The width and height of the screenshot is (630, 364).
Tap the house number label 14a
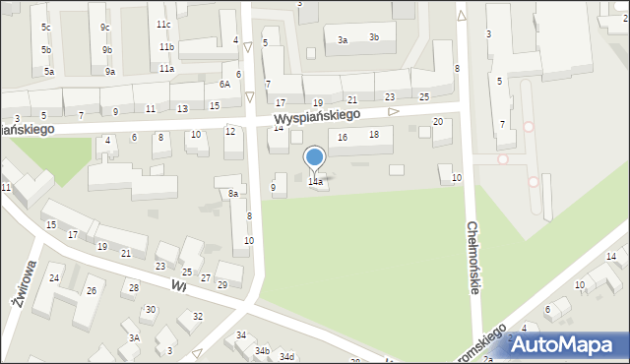315,182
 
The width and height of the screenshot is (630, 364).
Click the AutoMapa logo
565,344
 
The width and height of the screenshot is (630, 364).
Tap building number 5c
46,27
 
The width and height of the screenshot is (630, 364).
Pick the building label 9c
105,27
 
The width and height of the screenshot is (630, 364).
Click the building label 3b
374,37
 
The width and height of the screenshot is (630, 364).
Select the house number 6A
225,85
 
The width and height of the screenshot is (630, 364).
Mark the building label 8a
233,194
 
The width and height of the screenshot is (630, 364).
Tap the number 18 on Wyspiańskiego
374,134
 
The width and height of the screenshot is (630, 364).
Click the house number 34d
286,356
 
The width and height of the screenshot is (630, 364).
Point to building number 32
197,316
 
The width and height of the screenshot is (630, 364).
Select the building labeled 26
91,290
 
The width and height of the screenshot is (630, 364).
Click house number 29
221,284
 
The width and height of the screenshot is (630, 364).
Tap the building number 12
230,131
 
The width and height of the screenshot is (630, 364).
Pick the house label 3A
135,337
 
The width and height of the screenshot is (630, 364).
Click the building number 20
438,121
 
